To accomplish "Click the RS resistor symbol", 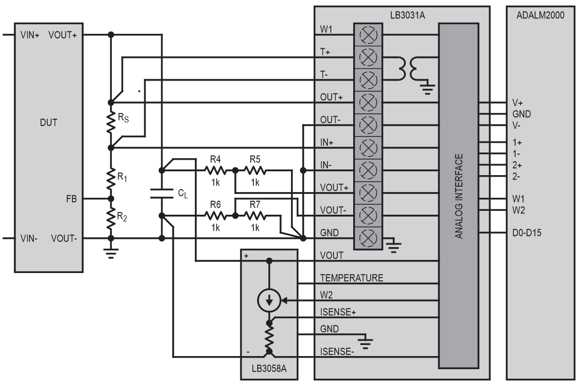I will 111,124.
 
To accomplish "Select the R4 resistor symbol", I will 215,170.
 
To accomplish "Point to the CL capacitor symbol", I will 162,193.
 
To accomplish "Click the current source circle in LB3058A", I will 269,301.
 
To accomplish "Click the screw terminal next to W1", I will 369,34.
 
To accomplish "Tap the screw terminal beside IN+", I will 369,148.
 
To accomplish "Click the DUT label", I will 48,123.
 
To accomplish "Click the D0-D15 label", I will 526,233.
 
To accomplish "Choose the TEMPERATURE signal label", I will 352,278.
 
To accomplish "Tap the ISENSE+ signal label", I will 338,312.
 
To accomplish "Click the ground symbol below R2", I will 111,254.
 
